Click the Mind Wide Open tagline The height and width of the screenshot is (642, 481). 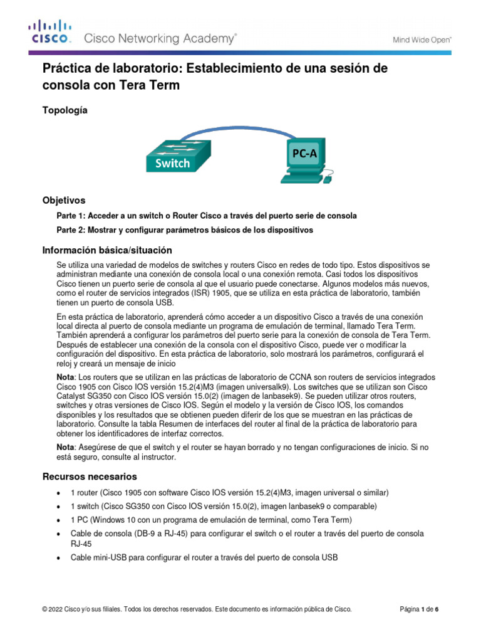coord(422,39)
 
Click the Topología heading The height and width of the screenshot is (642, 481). coord(65,110)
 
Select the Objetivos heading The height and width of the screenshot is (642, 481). coord(63,201)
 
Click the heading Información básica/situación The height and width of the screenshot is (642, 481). coord(107,250)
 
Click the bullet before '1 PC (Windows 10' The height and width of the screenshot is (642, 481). coord(58,521)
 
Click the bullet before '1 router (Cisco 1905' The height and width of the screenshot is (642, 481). coord(58,492)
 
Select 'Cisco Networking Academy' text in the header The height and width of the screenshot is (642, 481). coord(160,39)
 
